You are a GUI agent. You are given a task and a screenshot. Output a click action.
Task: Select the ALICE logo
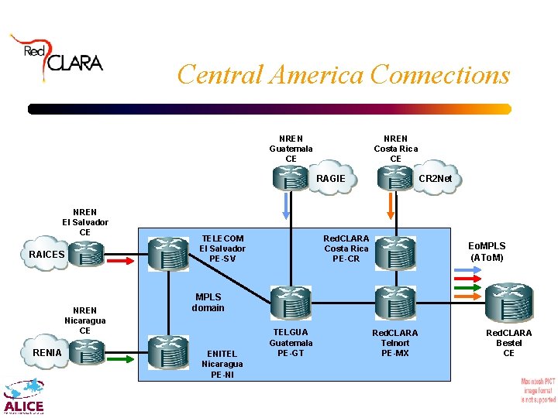23,397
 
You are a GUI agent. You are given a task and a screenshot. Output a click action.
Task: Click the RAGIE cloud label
331,179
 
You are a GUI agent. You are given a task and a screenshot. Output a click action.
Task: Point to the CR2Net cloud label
434,180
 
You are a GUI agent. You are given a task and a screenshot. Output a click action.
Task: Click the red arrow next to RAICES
120,260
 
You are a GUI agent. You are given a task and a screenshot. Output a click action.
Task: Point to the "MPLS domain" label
208,303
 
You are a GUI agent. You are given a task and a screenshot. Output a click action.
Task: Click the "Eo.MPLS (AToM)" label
487,252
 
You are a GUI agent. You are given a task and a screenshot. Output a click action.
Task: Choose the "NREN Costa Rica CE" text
395,149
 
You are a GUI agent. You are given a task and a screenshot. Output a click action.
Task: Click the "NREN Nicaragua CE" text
85,320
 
